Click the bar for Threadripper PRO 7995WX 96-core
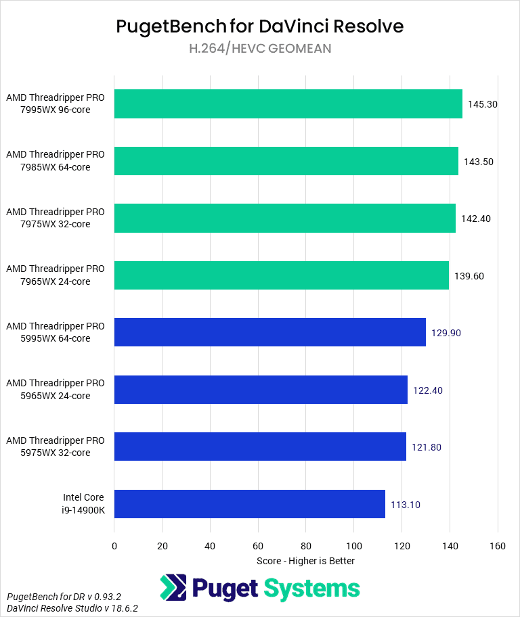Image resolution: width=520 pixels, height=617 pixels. (288, 104)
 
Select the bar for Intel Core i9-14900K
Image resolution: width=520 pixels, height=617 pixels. (249, 504)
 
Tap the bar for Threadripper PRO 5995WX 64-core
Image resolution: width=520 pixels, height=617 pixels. (269, 332)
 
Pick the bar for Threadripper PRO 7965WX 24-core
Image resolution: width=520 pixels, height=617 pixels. (281, 275)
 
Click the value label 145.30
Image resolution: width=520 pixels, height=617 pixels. (483, 105)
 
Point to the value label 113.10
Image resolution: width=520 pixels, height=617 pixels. (406, 505)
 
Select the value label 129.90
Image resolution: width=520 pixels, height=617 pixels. (446, 333)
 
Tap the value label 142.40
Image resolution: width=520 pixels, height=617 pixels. (476, 219)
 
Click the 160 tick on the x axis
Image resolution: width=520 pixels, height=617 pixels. (498, 546)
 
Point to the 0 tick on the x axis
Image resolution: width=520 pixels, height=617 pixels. (114, 546)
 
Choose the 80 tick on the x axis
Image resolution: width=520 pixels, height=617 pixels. (306, 546)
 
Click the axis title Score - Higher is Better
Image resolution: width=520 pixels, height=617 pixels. (305, 561)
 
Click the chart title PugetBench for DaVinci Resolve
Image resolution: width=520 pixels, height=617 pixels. (260, 26)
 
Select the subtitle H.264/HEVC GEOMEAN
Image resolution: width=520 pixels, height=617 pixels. (260, 49)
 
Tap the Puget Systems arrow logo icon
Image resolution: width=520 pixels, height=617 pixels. (173, 588)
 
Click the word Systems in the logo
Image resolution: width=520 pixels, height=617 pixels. (311, 588)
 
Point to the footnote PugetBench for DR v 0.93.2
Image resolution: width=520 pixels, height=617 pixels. (65, 597)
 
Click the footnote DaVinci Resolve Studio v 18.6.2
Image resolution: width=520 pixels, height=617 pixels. (72, 609)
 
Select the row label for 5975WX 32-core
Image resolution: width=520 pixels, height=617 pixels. (56, 447)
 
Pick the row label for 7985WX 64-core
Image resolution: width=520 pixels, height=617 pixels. (56, 161)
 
